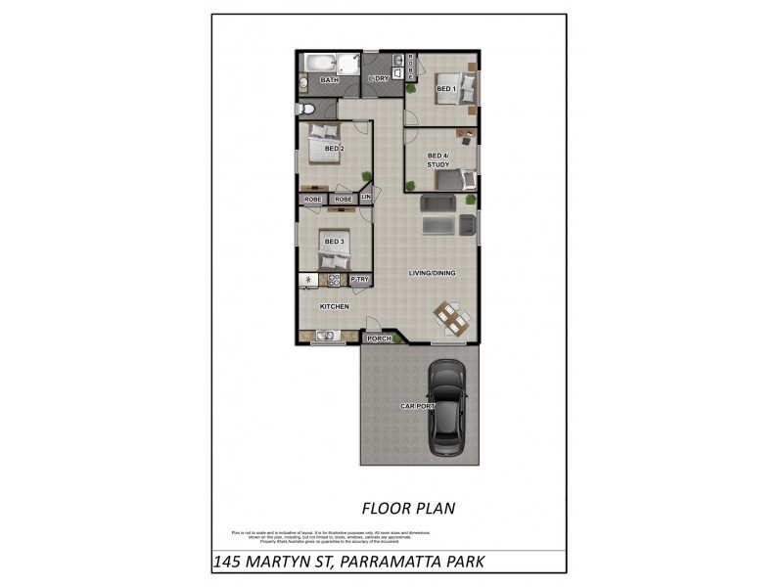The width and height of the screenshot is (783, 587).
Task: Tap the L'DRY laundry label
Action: click(378, 80)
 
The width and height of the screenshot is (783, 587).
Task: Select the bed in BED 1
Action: click(458, 88)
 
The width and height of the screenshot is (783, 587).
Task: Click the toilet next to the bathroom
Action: click(306, 108)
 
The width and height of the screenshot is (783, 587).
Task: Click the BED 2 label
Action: click(335, 149)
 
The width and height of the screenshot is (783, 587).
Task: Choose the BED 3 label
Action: click(335, 241)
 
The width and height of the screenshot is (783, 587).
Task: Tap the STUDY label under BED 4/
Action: click(438, 164)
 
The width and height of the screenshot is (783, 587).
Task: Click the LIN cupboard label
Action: click(366, 198)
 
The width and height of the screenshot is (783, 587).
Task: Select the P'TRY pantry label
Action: click(359, 280)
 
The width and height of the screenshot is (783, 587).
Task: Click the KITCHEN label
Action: click(335, 307)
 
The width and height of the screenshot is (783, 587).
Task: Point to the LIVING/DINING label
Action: click(432, 273)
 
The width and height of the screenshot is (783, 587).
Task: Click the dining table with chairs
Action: click(451, 316)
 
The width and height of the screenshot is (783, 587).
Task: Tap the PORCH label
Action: click(379, 339)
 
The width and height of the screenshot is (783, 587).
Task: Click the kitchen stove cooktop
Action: click(334, 280)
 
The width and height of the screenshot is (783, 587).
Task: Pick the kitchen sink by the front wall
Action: click(324, 337)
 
